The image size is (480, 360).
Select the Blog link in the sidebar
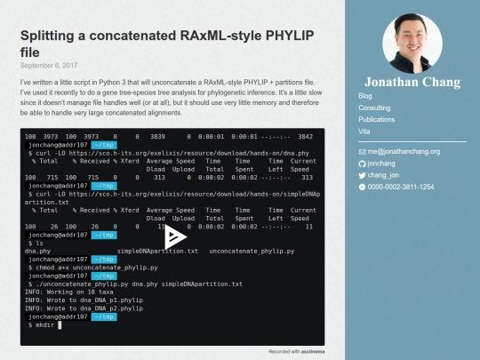[365, 95]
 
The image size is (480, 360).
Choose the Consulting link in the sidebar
[374, 107]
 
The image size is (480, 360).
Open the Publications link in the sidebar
[376, 118]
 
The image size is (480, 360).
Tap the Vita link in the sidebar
[364, 130]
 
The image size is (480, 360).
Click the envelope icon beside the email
[362, 152]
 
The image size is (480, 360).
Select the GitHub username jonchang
[382, 164]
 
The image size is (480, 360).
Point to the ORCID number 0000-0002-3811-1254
[401, 187]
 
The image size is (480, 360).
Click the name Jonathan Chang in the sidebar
[412, 82]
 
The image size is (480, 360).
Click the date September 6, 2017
[49, 65]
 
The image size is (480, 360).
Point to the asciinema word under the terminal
[314, 351]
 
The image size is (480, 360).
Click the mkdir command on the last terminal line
[45, 325]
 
